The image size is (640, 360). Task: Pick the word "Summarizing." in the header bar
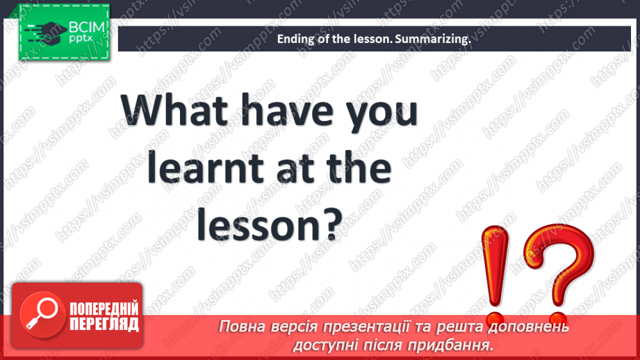(x=433, y=40)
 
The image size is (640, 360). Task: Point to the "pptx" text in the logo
(x=82, y=40)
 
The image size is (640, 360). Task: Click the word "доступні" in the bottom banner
(x=321, y=344)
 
